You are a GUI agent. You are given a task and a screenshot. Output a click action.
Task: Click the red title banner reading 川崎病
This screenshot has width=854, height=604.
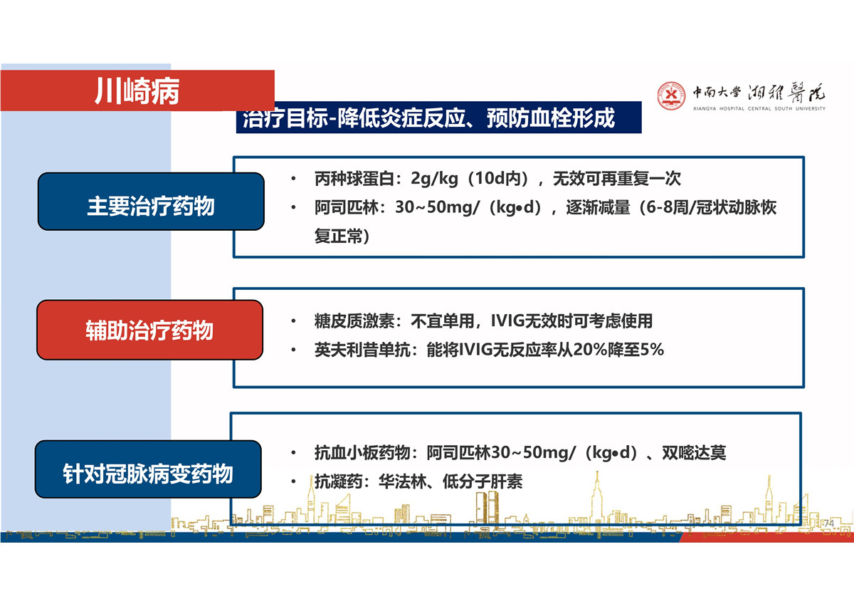point(137,90)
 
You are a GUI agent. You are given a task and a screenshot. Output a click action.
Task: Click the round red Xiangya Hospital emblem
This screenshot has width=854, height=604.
point(671,95)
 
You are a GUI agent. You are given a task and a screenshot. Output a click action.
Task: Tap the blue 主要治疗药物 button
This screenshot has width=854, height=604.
point(151,202)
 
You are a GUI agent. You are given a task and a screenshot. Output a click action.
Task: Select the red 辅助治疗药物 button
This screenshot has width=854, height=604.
point(150,330)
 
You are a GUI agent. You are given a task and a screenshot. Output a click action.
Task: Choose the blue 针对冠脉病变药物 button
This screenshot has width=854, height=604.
point(148,469)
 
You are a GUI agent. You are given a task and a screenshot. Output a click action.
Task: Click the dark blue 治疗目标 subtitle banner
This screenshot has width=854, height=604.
point(439,118)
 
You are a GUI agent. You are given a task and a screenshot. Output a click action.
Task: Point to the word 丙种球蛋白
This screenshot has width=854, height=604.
point(354,179)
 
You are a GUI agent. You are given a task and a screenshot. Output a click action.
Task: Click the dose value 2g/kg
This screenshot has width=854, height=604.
point(434,179)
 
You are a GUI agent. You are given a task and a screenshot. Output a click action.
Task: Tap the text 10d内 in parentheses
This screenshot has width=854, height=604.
point(499,179)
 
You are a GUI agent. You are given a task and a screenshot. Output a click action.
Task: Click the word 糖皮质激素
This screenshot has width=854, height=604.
point(354,321)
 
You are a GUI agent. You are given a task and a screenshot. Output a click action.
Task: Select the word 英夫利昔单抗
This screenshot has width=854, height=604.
point(362,350)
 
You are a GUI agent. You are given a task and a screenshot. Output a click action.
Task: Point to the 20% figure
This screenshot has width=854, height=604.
point(590,350)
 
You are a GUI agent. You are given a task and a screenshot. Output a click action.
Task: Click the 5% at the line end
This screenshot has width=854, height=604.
point(653,350)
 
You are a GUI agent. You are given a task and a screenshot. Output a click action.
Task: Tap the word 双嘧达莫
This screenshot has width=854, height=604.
point(694,452)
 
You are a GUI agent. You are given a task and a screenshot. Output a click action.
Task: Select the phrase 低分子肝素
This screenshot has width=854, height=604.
point(483,481)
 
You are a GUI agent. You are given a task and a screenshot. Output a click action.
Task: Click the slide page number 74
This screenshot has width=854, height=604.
point(829,524)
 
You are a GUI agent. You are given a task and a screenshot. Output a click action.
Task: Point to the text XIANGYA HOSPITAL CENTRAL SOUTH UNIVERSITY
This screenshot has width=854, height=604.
point(759,109)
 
